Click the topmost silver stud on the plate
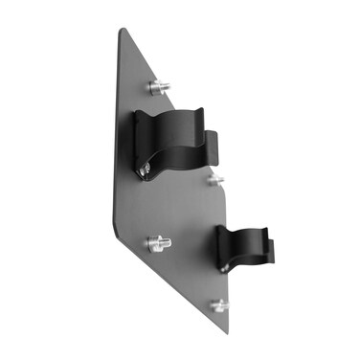tap(159, 88)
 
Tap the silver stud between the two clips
tap(215, 179)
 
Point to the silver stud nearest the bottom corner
tap(219, 306)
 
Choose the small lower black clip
tap(244, 251)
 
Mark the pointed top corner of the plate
tap(122, 31)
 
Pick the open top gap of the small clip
tap(245, 230)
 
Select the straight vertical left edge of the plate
tap(112, 144)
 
